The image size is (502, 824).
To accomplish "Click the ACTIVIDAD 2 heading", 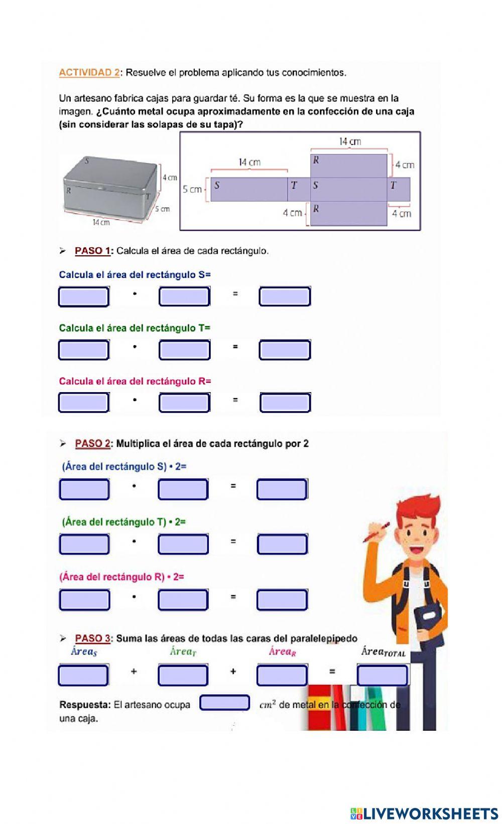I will pyautogui.click(x=89, y=73).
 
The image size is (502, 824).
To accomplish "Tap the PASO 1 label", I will pyautogui.click(x=92, y=251).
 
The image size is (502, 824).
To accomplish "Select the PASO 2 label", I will pyautogui.click(x=92, y=443).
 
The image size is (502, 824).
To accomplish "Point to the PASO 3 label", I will pyautogui.click(x=92, y=638).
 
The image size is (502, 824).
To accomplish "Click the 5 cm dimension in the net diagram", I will pyautogui.click(x=192, y=190).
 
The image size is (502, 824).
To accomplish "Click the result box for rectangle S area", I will pyautogui.click(x=285, y=296).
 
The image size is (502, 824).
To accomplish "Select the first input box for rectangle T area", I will pyautogui.click(x=84, y=350).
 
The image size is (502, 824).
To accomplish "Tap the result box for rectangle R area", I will pyautogui.click(x=285, y=402).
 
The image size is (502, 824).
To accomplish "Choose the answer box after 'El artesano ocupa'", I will pyautogui.click(x=224, y=703).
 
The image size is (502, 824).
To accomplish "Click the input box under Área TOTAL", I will pyautogui.click(x=382, y=675).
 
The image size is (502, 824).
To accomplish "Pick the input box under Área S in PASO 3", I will pyautogui.click(x=83, y=675).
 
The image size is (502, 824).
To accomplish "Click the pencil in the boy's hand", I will pyautogui.click(x=376, y=532).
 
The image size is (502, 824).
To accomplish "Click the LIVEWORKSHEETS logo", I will pyautogui.click(x=424, y=813).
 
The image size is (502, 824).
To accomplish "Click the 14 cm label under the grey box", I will pyautogui.click(x=101, y=222).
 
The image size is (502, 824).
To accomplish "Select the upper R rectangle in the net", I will pyautogui.click(x=349, y=166).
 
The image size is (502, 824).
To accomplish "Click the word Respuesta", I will pyautogui.click(x=85, y=705).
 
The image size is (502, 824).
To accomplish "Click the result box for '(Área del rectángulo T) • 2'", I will pyautogui.click(x=282, y=544).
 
